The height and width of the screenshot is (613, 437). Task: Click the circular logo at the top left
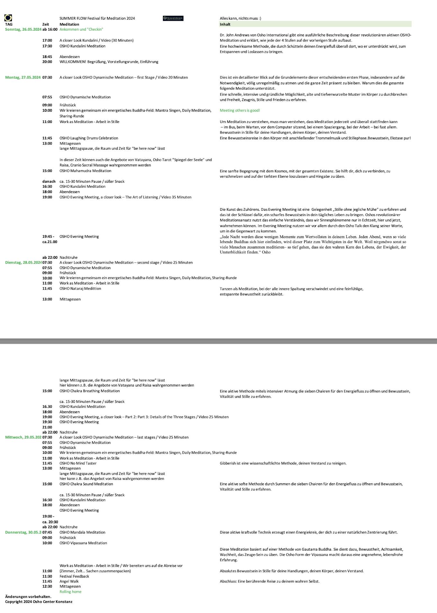pos(8,18)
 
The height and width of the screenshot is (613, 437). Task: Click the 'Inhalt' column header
pos(225,24)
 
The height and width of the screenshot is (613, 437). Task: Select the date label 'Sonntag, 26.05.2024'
pos(23,29)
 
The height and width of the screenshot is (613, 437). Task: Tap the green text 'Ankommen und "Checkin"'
pos(81,29)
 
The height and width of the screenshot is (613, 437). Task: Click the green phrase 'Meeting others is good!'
pos(240,110)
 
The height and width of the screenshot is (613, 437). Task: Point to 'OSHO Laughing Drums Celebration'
pos(89,138)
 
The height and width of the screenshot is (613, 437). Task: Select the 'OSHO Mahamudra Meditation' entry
pos(85,171)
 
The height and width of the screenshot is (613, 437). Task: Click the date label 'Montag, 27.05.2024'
pos(23,77)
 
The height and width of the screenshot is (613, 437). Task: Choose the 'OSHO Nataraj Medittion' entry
pos(80,289)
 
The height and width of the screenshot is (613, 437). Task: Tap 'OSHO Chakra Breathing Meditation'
pos(89,391)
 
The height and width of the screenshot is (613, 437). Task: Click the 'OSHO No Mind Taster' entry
pos(78,463)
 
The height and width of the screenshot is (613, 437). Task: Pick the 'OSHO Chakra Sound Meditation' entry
pos(86,484)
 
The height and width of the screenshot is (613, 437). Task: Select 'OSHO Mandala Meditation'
pos(82,532)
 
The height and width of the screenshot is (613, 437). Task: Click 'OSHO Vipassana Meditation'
pos(83,543)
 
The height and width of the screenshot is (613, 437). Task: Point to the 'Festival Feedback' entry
pos(74,576)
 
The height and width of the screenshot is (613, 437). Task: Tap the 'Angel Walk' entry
pos(69,581)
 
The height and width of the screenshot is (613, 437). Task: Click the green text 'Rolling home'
pos(70,592)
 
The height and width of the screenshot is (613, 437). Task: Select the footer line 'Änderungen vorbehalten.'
pos(28,597)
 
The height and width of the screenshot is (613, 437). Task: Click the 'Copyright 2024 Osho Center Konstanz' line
pos(39,602)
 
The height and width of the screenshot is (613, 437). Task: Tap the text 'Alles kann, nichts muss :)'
pos(240,18)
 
